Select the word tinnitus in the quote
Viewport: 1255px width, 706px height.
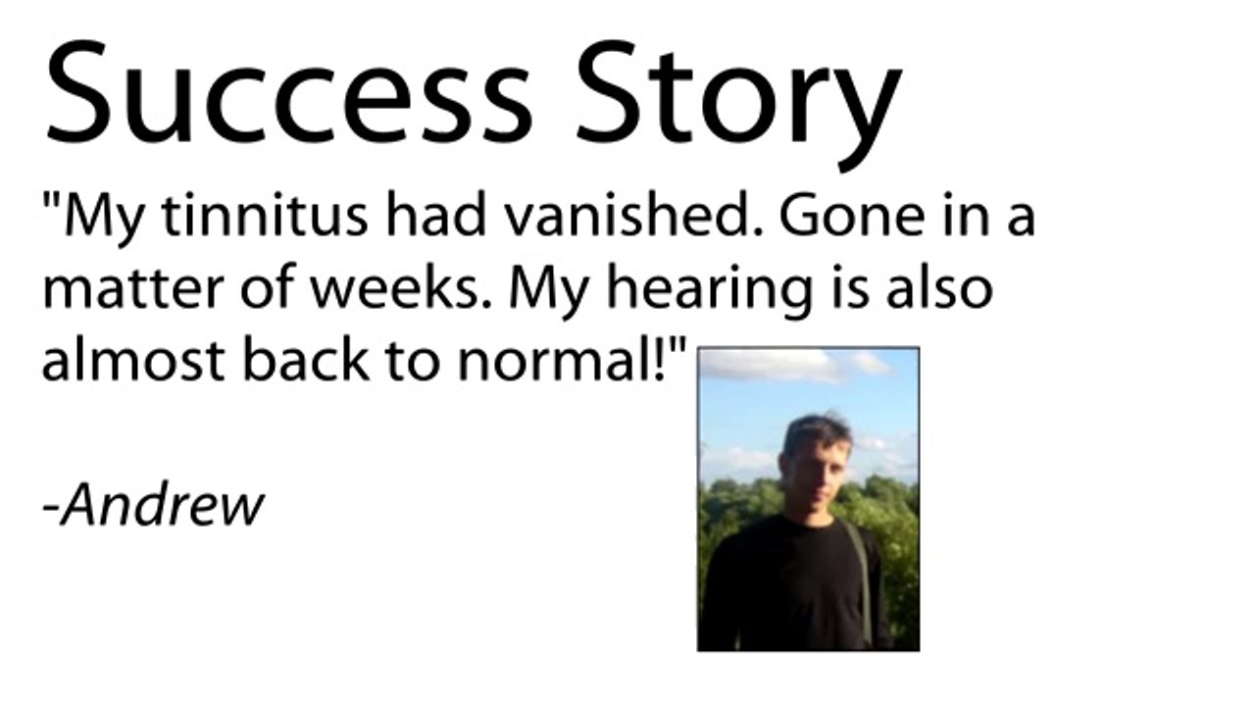265,216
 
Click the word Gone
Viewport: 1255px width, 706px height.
852,216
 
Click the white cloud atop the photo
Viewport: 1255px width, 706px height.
775,365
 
